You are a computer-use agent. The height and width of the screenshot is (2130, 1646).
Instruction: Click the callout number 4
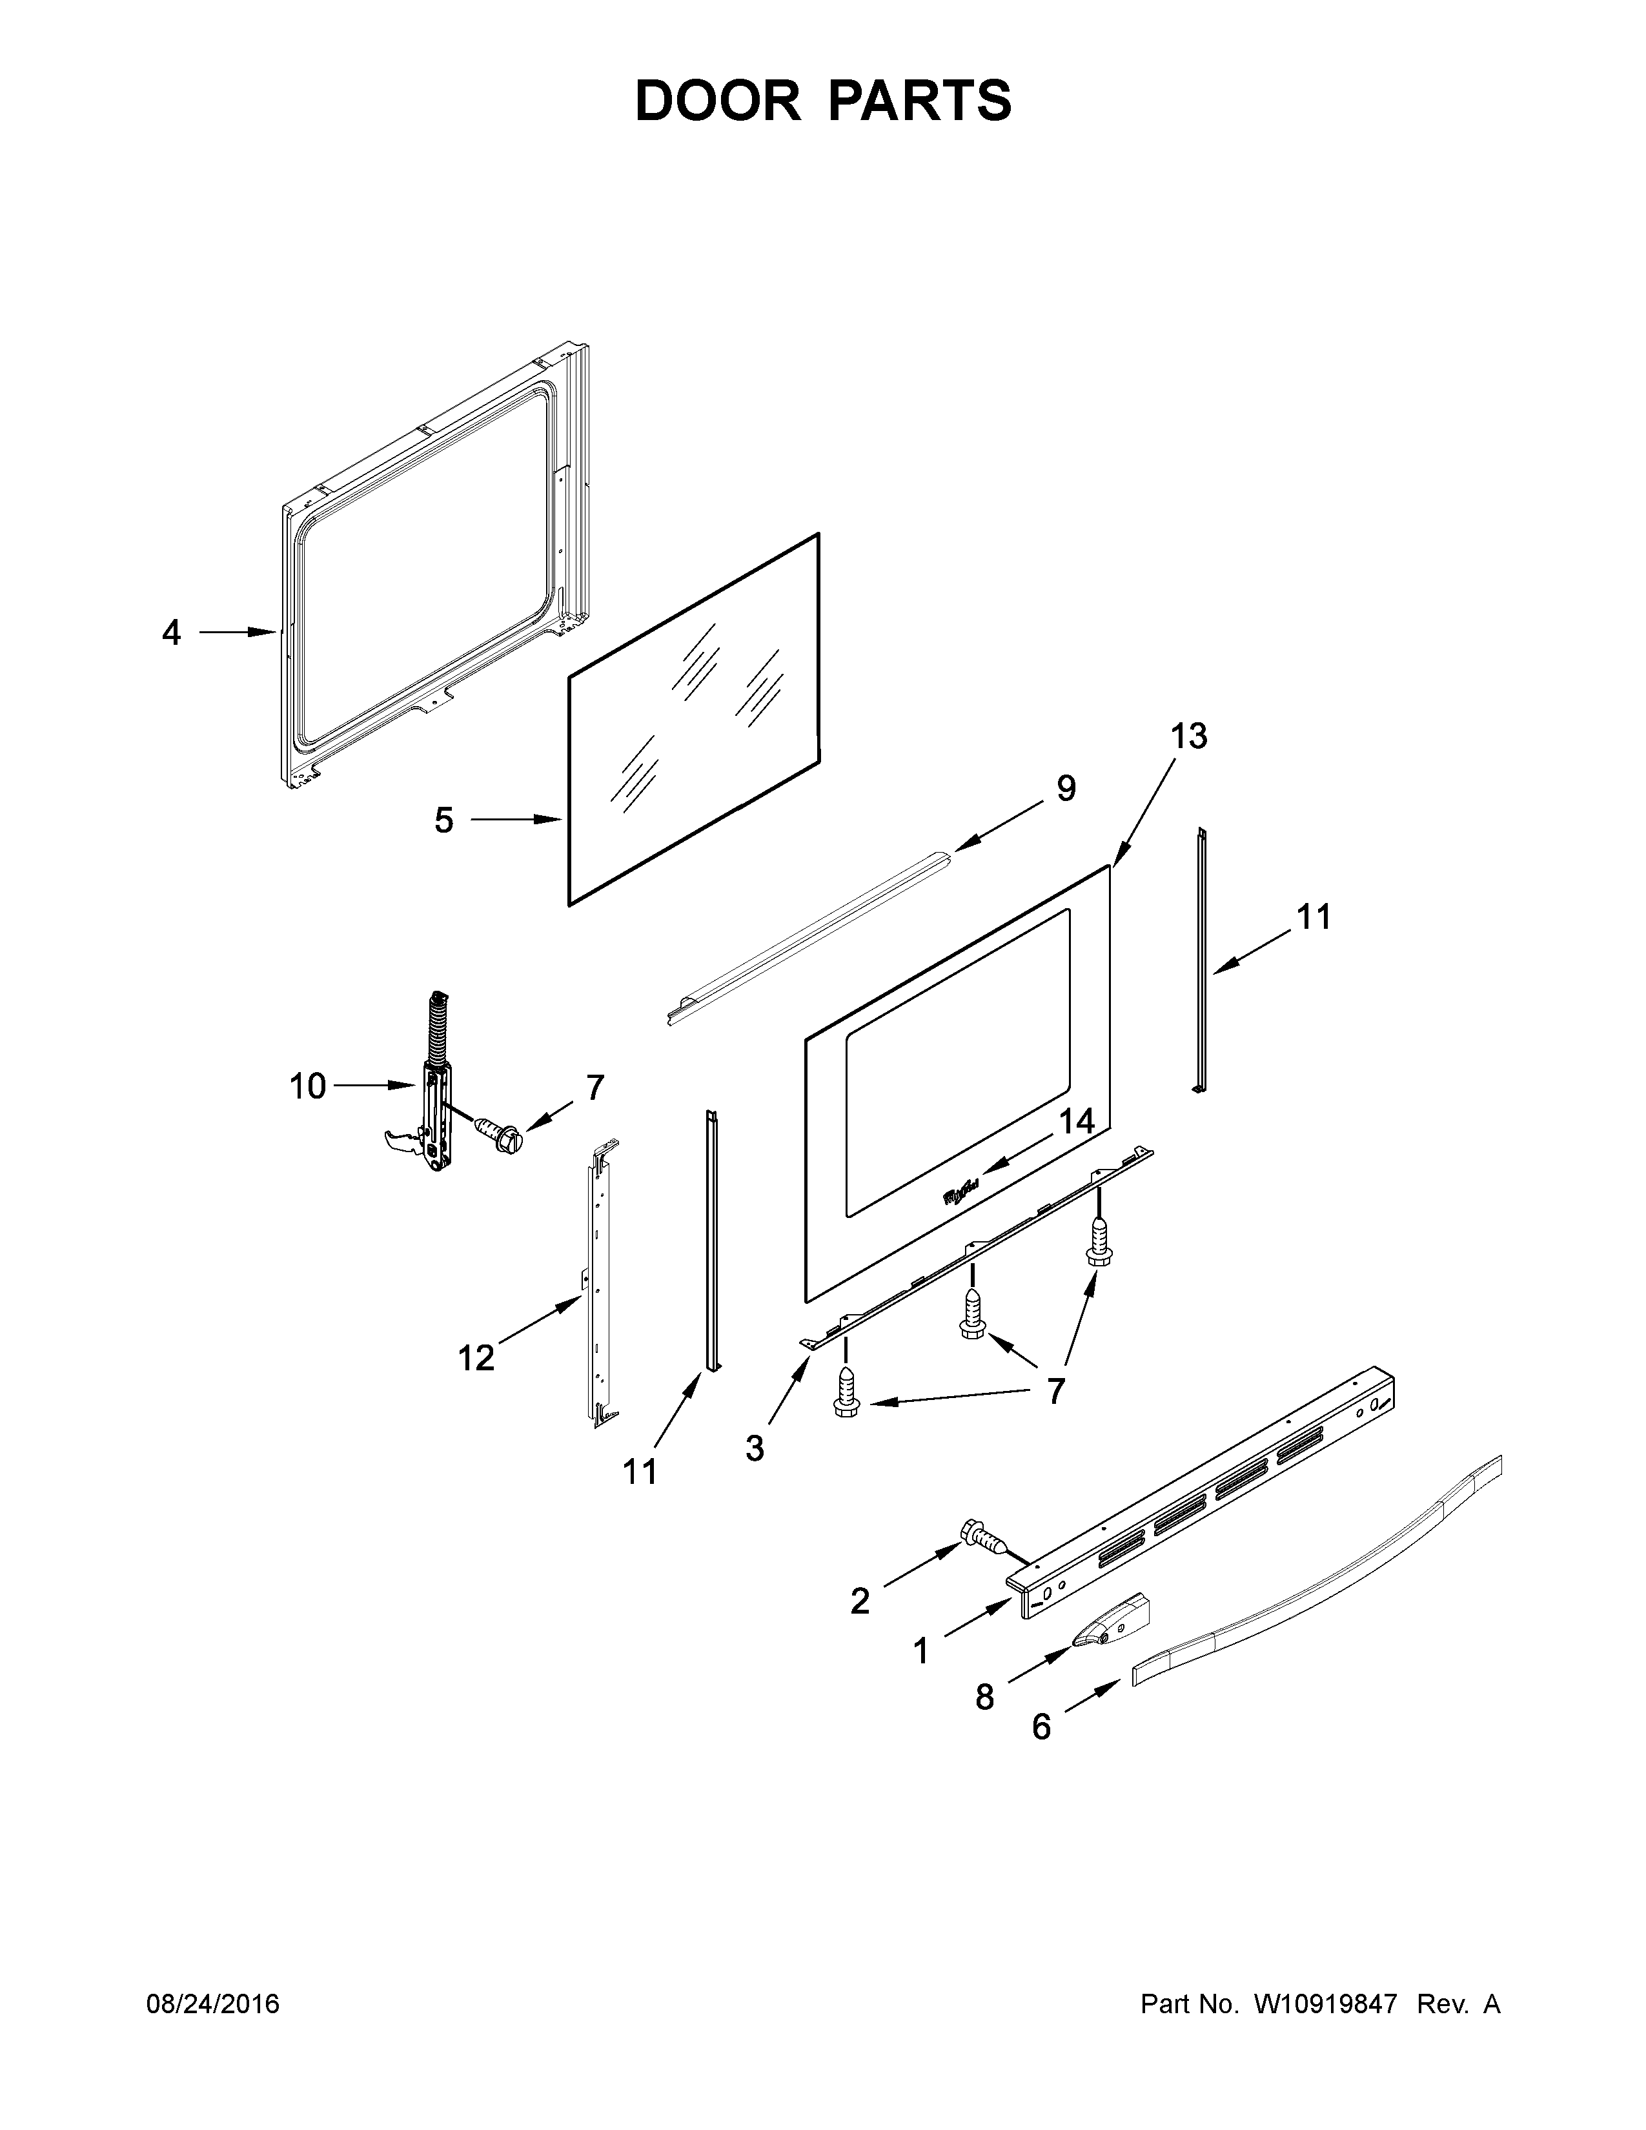click(x=172, y=633)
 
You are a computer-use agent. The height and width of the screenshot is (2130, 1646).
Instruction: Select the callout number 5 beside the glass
click(x=443, y=820)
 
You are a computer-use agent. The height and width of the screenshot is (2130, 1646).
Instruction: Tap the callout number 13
click(x=1188, y=736)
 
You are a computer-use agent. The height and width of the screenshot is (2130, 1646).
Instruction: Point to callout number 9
click(x=1066, y=788)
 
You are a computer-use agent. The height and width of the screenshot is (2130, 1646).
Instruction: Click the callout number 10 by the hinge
click(x=307, y=1086)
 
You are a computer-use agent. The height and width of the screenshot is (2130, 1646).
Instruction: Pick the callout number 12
click(x=476, y=1357)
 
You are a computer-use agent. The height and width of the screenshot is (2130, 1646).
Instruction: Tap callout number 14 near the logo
click(x=1077, y=1122)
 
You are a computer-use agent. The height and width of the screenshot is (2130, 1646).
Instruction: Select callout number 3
click(x=755, y=1476)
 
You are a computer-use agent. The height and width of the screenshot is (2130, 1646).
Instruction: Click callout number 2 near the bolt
click(x=859, y=1601)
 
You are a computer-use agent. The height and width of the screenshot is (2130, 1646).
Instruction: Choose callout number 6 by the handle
click(x=1041, y=1727)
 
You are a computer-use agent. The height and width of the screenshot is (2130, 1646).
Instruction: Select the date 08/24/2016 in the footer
click(x=212, y=2004)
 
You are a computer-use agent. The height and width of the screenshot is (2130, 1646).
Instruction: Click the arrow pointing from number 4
click(x=238, y=633)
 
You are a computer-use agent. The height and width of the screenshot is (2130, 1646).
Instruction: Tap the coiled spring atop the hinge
click(x=437, y=1028)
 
